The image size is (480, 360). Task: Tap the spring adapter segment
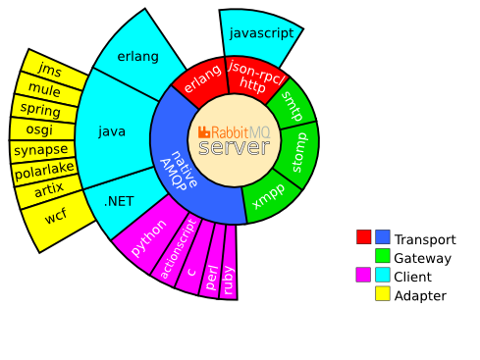pyautogui.click(x=40, y=109)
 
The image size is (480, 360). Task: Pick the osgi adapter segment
pyautogui.click(x=40, y=129)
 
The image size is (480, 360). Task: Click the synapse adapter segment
pyautogui.click(x=41, y=150)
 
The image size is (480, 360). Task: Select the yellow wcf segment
pyautogui.click(x=55, y=216)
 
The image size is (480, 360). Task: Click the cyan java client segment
pyautogui.click(x=113, y=130)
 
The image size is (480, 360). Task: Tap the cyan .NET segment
pyautogui.click(x=120, y=201)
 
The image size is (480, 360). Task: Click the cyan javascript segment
pyautogui.click(x=260, y=33)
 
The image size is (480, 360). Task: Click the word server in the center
pyautogui.click(x=233, y=147)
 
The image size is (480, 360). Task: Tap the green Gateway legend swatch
pyautogui.click(x=382, y=256)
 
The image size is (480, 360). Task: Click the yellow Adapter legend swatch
pyautogui.click(x=382, y=293)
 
